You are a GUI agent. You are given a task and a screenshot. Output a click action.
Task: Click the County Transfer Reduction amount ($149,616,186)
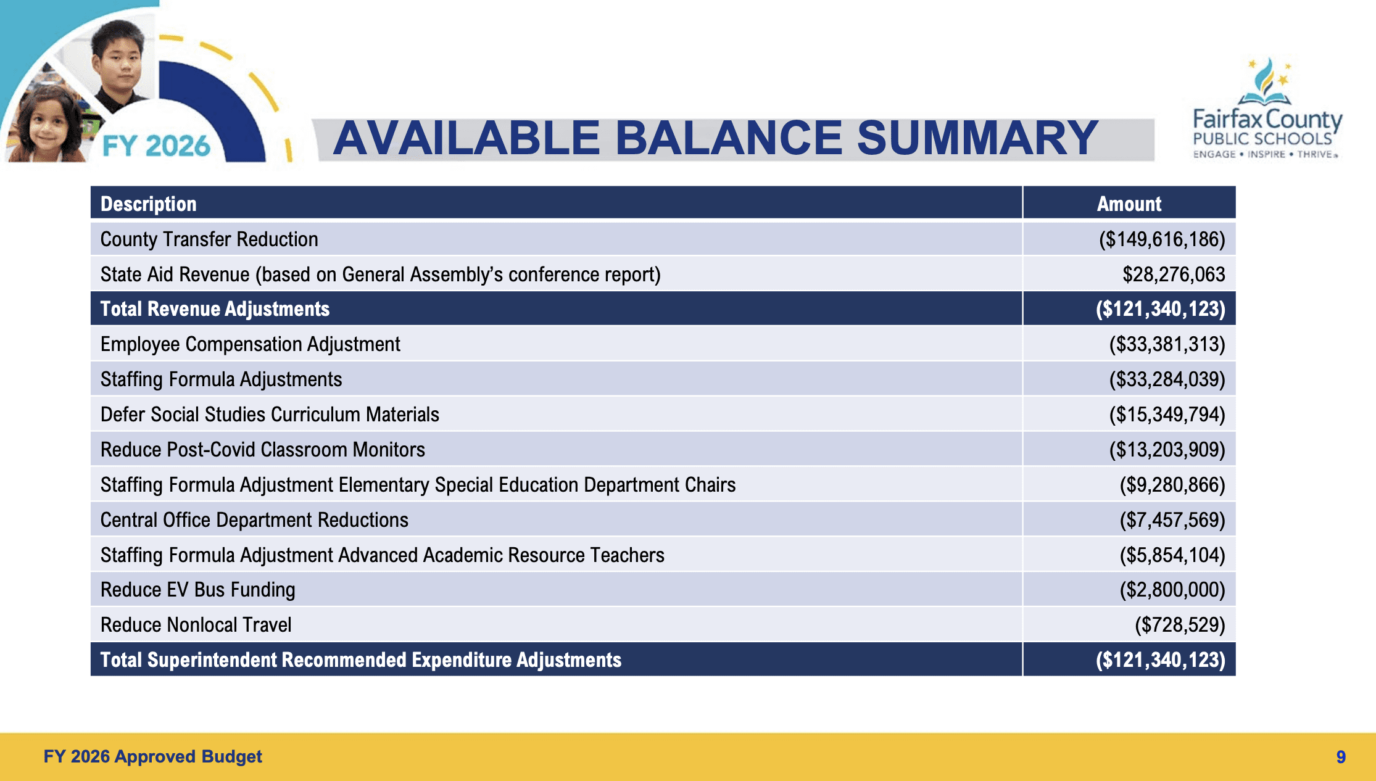(x=1162, y=239)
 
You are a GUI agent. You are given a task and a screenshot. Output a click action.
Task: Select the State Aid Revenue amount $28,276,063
(x=1173, y=275)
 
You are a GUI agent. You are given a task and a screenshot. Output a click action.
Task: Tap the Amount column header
(x=1129, y=204)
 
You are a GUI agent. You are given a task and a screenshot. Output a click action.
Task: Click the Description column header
(x=149, y=204)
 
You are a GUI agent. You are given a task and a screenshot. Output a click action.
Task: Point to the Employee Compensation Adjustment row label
(x=250, y=344)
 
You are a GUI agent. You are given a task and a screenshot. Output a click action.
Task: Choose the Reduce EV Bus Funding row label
(x=197, y=590)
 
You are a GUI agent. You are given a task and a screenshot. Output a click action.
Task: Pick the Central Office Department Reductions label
(x=254, y=520)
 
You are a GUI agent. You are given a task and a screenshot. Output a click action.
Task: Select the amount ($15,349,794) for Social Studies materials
(x=1167, y=415)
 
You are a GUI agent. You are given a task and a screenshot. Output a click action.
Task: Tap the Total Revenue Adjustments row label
(x=215, y=309)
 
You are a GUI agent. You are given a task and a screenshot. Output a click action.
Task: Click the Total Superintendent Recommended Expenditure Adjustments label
(x=360, y=660)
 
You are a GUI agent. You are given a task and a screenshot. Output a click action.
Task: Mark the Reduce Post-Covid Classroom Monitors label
(x=262, y=450)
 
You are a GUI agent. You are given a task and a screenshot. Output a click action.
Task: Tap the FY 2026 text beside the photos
(x=156, y=146)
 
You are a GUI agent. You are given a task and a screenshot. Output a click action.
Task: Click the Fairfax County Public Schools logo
(x=1266, y=111)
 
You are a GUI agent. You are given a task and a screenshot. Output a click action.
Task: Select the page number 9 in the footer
(x=1341, y=757)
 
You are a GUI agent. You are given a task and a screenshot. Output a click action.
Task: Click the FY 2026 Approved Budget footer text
(x=152, y=757)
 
